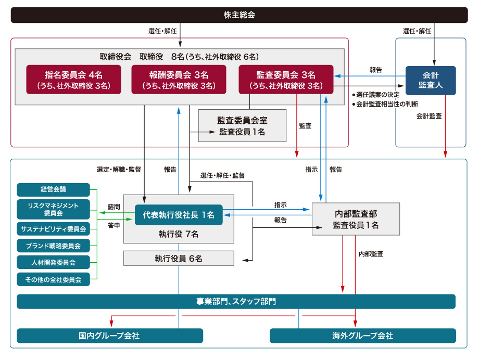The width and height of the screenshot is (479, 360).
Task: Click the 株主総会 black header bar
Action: click(239, 15)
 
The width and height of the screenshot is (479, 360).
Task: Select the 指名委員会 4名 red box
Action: click(73, 80)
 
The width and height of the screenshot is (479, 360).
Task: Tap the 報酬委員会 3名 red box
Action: click(179, 80)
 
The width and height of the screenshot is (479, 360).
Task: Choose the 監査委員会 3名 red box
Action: click(285, 80)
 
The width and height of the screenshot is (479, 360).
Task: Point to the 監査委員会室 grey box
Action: click(242, 126)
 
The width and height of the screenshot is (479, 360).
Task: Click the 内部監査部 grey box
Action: click(356, 219)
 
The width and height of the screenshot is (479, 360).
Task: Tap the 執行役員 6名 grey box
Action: click(179, 258)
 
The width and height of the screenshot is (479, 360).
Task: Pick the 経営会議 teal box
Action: click(53, 189)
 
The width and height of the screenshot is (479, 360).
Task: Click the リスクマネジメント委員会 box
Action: click(53, 209)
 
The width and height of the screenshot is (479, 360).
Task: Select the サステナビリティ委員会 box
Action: click(53, 228)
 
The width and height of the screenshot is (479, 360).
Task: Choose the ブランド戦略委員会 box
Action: click(53, 245)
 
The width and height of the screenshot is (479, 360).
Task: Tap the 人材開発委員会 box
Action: click(53, 262)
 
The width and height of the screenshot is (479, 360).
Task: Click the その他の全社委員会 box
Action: click(53, 279)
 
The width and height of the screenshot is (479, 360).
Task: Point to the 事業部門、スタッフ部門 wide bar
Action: click(236, 302)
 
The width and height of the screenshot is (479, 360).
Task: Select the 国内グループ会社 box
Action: click(110, 336)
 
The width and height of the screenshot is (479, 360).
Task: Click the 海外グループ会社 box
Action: click(362, 336)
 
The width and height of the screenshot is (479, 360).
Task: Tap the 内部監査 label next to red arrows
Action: click(371, 254)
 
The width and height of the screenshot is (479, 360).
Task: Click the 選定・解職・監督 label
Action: click(118, 169)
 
